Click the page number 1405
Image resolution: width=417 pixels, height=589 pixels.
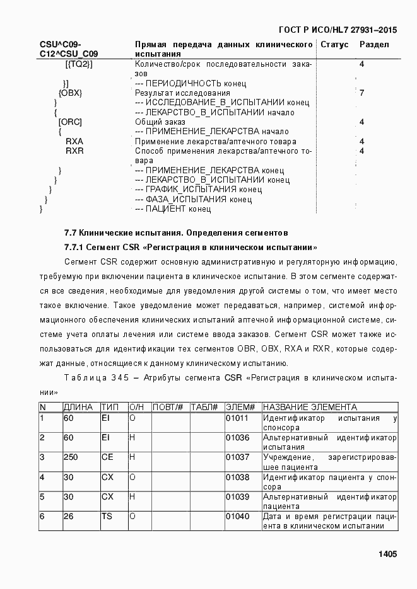coord(387,554)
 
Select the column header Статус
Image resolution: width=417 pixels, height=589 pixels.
coord(334,45)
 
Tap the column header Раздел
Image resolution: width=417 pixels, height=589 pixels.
coord(374,45)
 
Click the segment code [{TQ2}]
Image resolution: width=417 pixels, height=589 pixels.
coord(79,64)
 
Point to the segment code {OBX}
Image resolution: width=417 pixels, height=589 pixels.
coord(70,93)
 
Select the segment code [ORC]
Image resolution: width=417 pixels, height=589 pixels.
coord(69,122)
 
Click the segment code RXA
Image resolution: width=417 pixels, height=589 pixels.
coord(74,142)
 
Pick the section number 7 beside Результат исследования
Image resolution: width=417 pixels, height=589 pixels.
coord(361,93)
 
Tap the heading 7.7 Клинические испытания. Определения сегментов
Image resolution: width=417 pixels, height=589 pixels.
coord(176,232)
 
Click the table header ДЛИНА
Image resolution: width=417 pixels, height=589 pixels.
coord(78,407)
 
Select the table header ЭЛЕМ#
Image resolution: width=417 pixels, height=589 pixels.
coord(240,407)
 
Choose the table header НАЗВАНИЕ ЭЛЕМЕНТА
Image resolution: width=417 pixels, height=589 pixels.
coord(310,407)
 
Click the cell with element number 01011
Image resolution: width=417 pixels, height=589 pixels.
coord(237,418)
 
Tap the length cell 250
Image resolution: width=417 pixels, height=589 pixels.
coord(71,457)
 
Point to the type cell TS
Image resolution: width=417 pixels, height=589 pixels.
coord(107,516)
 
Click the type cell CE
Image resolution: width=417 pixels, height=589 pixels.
coord(107,457)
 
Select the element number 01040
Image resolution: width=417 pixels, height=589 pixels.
coord(237,516)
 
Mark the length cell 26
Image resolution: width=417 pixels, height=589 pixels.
coord(69,516)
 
